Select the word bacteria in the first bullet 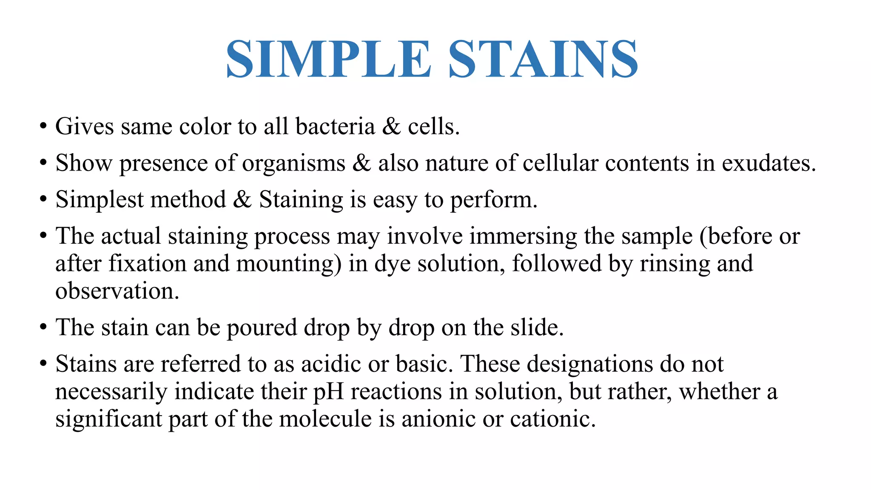click(x=335, y=126)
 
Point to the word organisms click(x=293, y=163)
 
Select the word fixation click(x=148, y=263)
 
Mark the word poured click(x=262, y=328)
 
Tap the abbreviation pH click(x=328, y=392)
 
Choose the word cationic click(x=553, y=419)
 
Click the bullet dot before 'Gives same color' click(x=43, y=127)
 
